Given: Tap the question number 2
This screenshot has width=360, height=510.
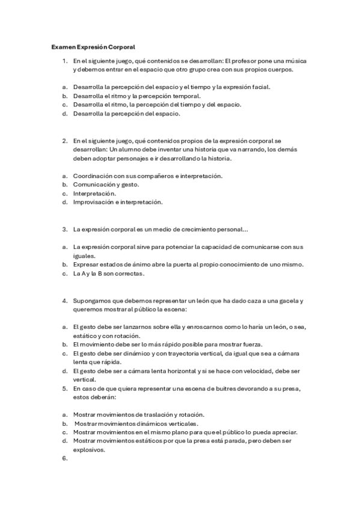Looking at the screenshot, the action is [64, 141].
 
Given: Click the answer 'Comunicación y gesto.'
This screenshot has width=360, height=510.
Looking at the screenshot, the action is [106, 185].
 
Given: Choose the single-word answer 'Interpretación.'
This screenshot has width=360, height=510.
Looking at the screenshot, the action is [94, 194].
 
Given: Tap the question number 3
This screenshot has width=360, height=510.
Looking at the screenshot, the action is [64, 229].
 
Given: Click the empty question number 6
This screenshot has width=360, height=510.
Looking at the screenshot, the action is [64, 458].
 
